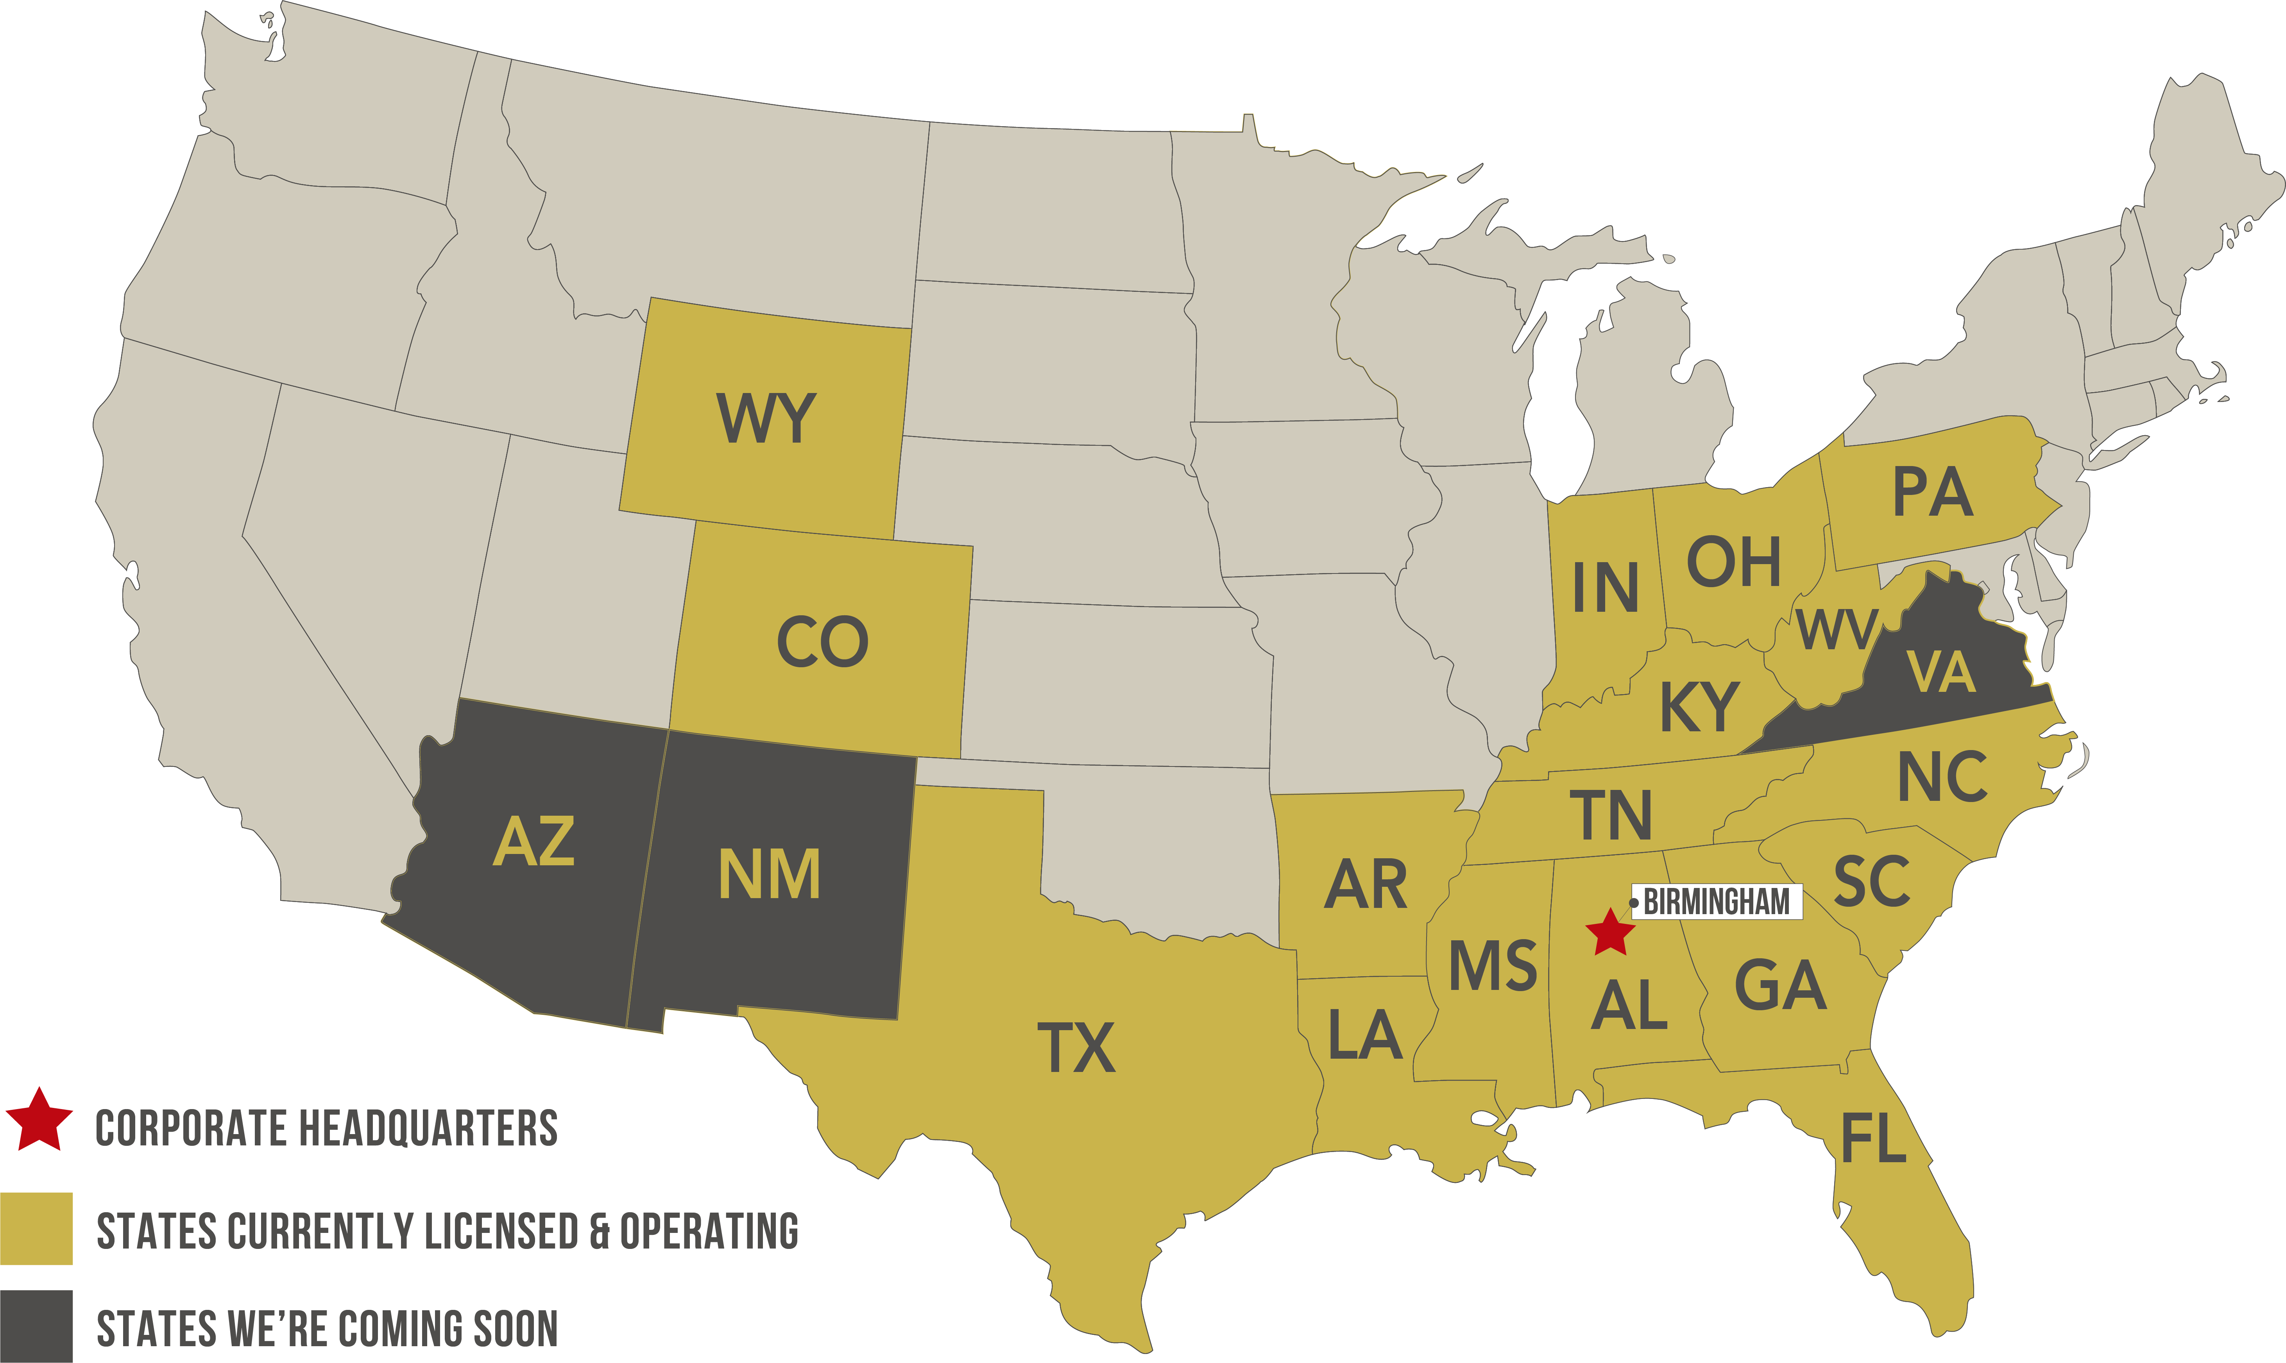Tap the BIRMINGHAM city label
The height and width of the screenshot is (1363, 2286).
point(1716,902)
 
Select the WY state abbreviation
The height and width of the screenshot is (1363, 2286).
point(765,419)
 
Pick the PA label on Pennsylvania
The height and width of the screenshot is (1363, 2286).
point(1932,493)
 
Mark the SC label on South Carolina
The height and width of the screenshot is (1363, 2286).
point(1872,882)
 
